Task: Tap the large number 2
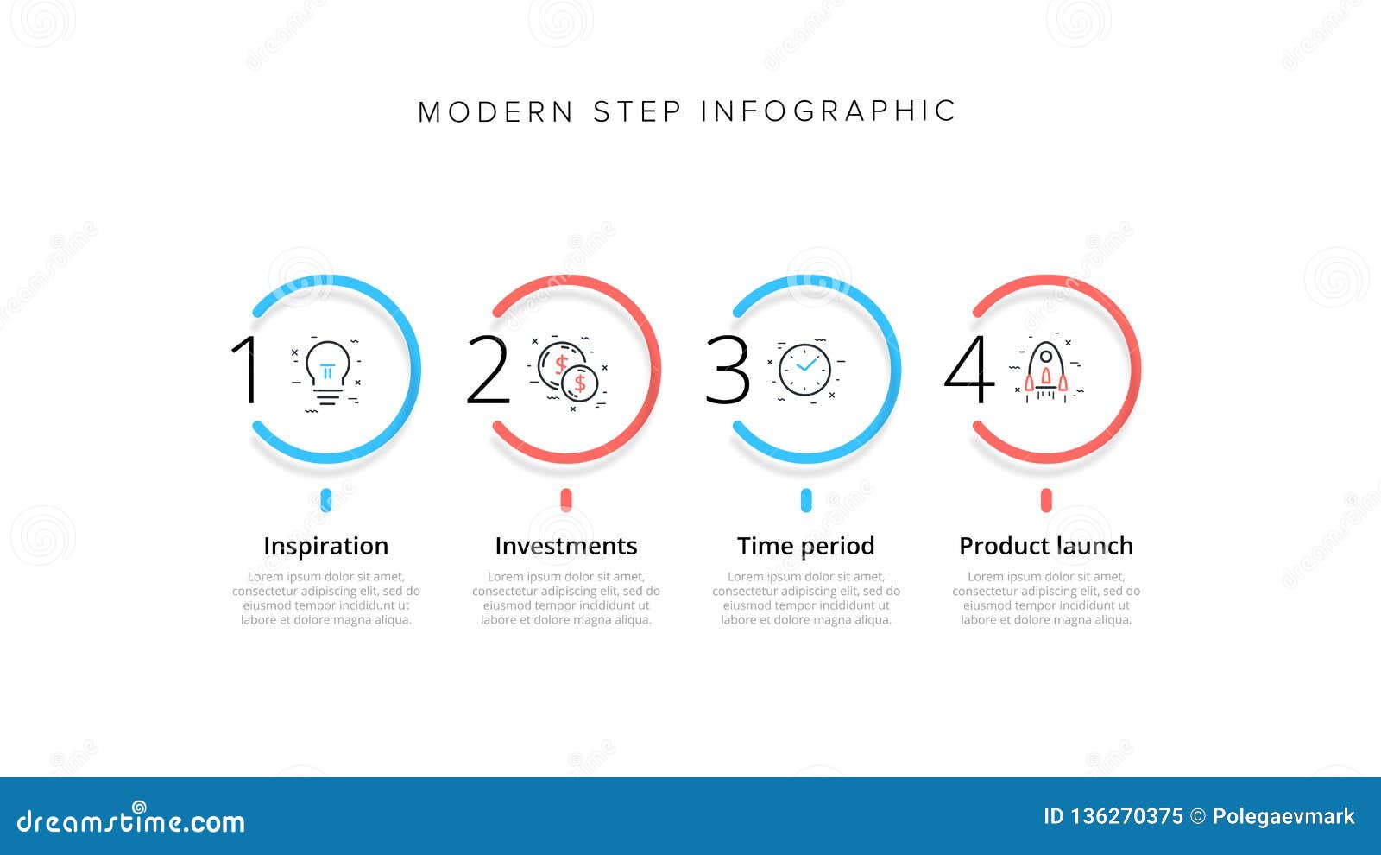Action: point(488,370)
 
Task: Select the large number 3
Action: point(728,370)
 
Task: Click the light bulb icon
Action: point(328,372)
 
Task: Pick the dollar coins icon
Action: point(568,371)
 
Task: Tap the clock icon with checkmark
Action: point(804,370)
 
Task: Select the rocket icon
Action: point(1045,370)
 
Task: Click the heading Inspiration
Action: point(325,546)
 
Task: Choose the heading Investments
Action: point(565,546)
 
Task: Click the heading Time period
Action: point(805,546)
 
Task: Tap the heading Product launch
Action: point(1046,546)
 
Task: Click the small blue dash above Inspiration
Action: point(326,500)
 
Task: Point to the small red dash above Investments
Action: point(566,500)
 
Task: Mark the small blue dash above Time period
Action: point(806,500)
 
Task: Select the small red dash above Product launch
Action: point(1046,500)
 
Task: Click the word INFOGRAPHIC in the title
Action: point(828,111)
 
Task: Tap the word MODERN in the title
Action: point(496,112)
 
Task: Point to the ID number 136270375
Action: point(1126,816)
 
